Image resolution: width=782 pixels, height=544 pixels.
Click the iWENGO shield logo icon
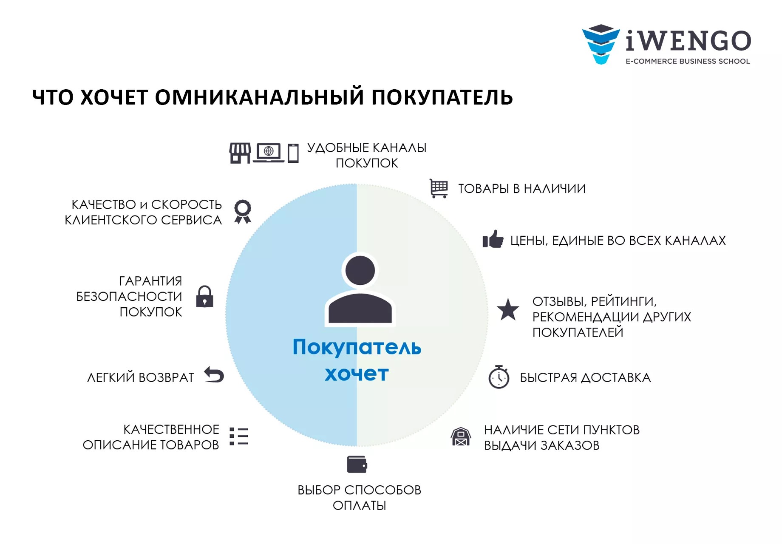pos(601,44)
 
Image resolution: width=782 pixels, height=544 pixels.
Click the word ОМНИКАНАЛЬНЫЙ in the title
pos(259,97)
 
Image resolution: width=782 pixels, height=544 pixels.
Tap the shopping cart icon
pos(439,188)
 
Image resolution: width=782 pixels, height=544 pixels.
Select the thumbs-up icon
pos(493,239)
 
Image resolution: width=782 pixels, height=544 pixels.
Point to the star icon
pos(508,309)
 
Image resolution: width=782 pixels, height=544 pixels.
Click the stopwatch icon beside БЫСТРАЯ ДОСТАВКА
pos(499,377)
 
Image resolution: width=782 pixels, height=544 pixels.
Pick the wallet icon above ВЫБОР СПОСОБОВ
pos(357,465)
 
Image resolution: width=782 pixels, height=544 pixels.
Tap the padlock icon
pos(204,296)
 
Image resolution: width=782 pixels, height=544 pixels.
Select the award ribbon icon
pos(243,212)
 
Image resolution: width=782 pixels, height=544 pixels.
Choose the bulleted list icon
pos(239,436)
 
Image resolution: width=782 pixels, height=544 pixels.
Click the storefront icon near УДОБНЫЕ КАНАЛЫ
pos(240,153)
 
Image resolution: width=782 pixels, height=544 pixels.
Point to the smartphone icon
pos(293,153)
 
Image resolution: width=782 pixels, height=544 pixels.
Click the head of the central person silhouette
pos(360,270)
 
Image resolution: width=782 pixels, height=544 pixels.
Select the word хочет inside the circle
pos(357,374)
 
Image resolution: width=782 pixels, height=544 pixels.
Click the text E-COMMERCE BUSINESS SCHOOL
pos(688,61)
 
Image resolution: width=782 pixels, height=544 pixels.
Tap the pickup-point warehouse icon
pos(461,436)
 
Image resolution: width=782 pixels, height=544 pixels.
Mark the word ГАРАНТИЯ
pos(150,281)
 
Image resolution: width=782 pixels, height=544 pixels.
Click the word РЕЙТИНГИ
pos(624,302)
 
